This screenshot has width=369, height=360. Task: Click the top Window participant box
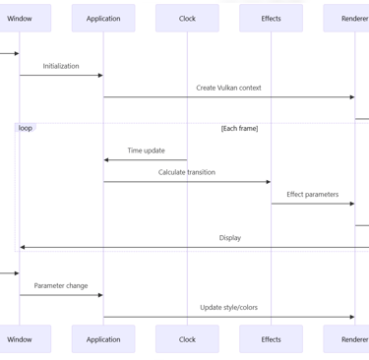20,18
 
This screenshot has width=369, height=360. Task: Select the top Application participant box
103,18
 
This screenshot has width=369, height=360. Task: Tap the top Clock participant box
187,18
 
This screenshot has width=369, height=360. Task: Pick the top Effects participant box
271,18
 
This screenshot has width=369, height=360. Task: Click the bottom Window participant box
20,339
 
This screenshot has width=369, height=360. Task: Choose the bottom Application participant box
103,339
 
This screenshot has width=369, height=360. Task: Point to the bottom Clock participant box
187,339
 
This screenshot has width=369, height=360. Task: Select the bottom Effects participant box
271,339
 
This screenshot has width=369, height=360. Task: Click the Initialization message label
61,66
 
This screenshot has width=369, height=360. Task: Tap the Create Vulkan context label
228,88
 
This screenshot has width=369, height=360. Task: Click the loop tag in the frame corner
25,128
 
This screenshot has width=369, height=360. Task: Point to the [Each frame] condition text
239,129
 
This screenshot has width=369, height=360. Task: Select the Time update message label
146,150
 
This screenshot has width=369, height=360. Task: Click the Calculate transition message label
187,172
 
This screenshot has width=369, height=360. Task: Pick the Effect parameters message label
312,194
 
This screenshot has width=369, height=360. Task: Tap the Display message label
229,237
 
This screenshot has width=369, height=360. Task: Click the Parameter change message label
61,285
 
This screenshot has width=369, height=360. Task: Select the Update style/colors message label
228,307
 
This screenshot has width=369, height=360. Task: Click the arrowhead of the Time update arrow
106,159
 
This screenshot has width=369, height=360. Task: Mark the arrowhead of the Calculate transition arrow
267,181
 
